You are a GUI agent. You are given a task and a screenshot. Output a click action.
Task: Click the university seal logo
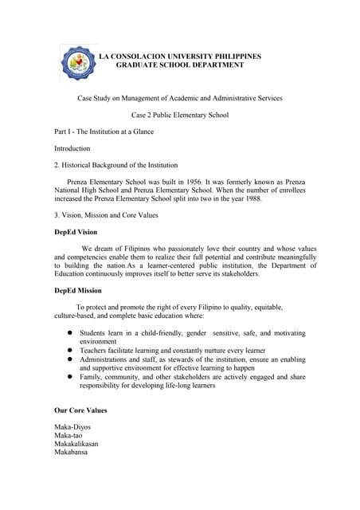click(77, 64)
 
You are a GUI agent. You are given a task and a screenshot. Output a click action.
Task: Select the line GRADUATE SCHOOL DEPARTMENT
click(180, 65)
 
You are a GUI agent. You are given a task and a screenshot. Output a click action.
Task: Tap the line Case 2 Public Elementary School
click(179, 115)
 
